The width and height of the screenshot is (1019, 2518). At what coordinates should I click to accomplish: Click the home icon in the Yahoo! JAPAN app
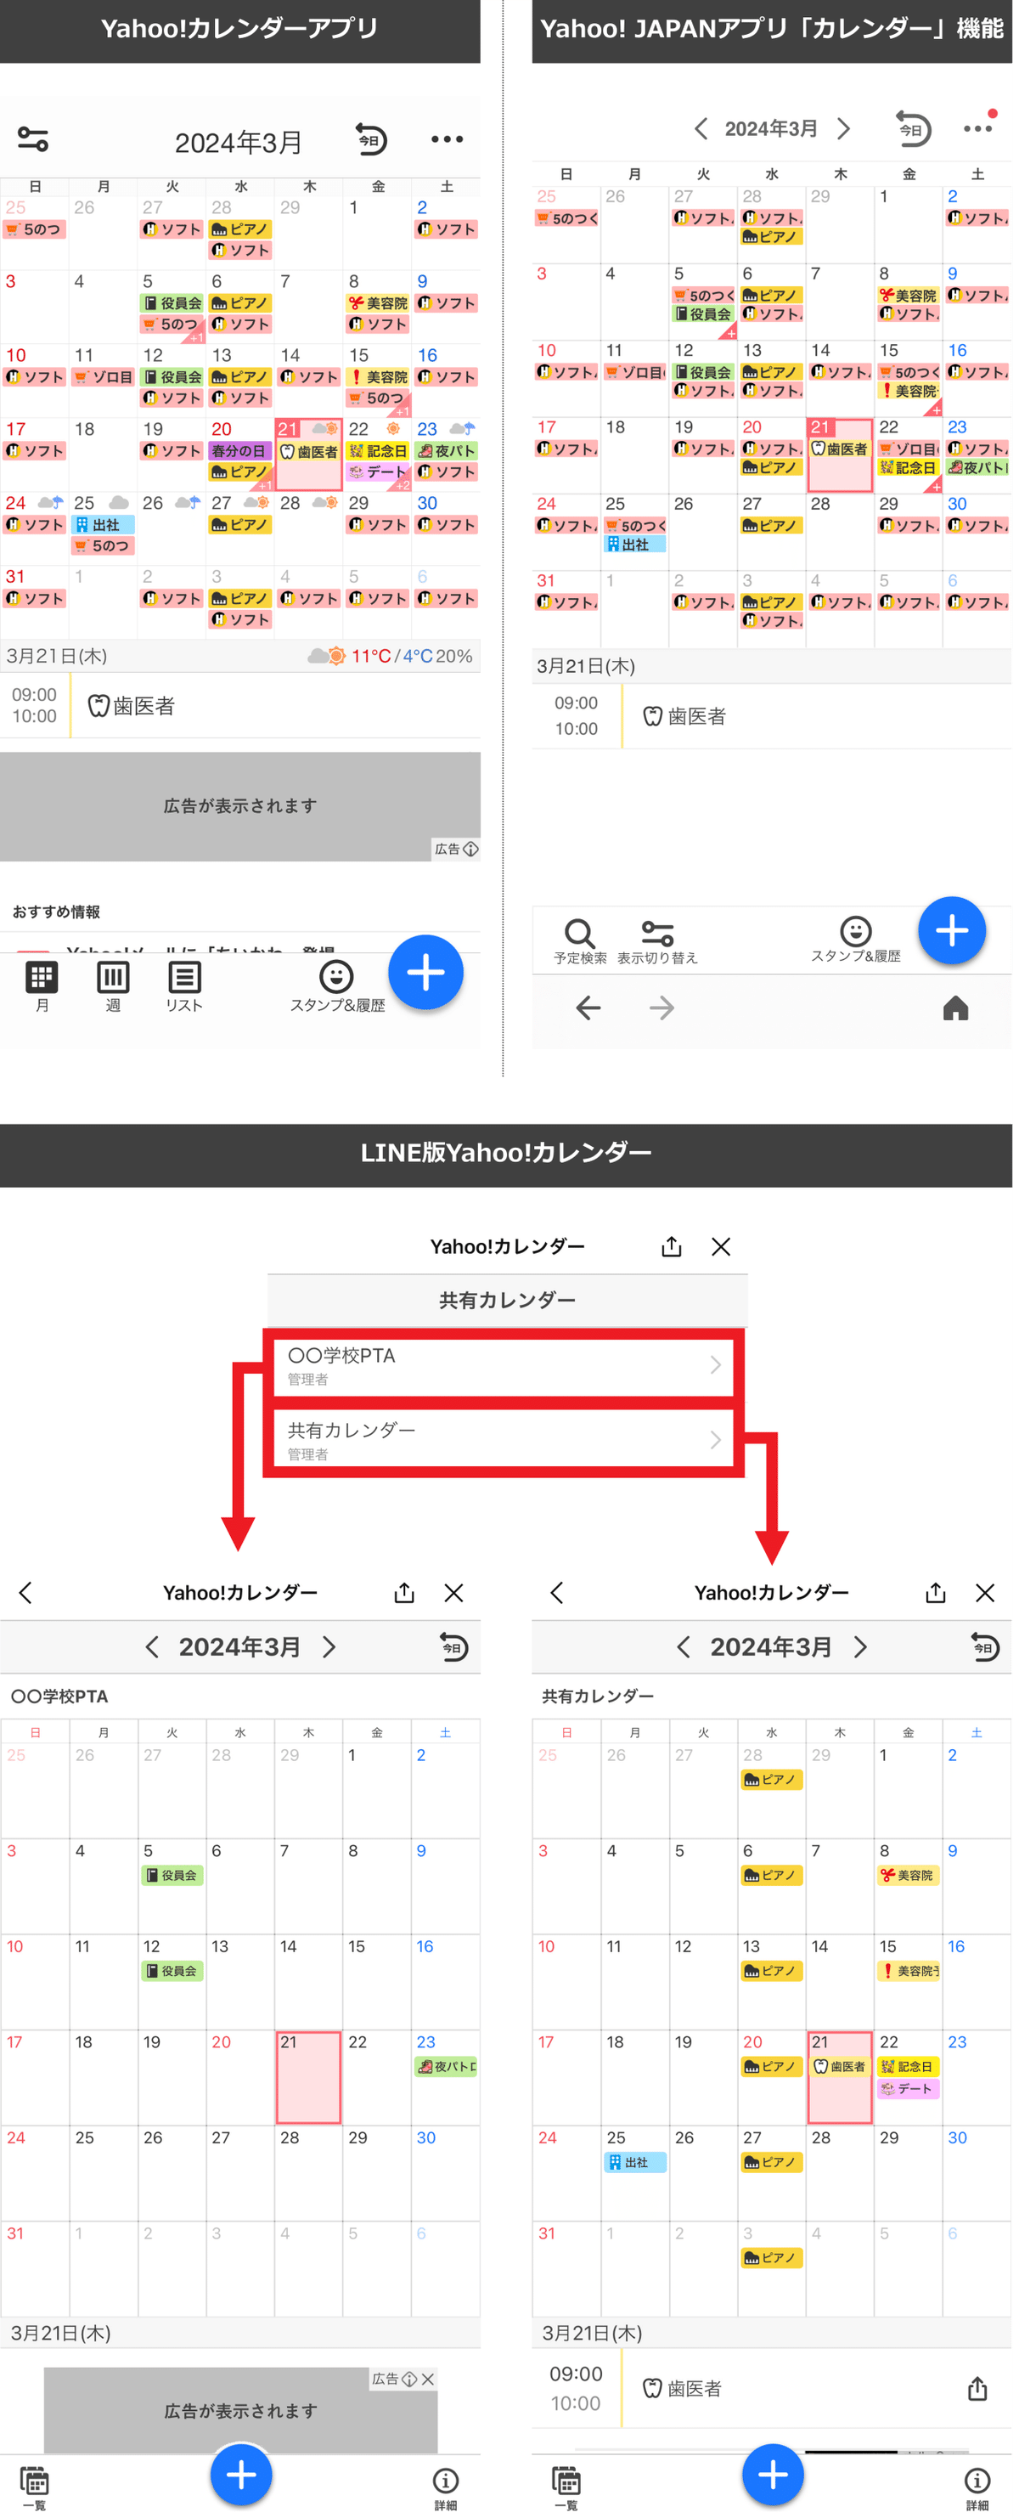tap(954, 1008)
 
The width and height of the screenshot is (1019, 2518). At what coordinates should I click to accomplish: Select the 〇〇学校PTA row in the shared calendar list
tap(504, 1365)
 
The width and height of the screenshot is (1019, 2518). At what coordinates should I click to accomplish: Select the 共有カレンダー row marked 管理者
tap(504, 1440)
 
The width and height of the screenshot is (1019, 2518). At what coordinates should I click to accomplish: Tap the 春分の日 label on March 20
tap(239, 450)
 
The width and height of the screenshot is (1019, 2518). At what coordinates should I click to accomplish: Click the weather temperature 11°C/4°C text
tap(389, 656)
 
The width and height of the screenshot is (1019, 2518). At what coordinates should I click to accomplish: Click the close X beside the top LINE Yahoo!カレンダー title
tap(721, 1246)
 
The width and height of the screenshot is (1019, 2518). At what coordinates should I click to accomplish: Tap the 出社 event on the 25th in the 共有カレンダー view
tap(634, 2162)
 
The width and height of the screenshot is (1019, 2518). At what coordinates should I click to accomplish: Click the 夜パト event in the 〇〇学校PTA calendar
tap(447, 2066)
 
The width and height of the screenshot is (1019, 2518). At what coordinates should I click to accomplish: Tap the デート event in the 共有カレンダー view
tap(908, 2088)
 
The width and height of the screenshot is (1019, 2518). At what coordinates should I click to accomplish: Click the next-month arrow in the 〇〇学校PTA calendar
tap(329, 1647)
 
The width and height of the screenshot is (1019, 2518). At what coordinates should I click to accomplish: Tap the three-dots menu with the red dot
tap(977, 128)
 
